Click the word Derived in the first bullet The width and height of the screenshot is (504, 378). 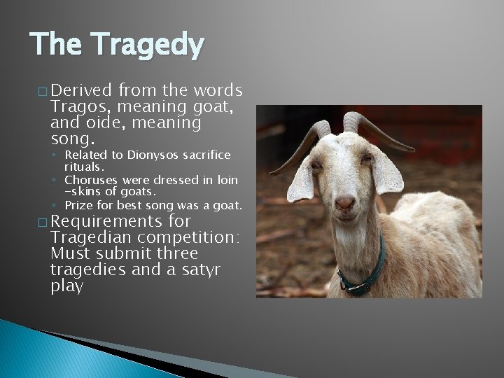pyautogui.click(x=81, y=91)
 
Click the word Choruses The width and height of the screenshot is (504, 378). pyautogui.click(x=92, y=179)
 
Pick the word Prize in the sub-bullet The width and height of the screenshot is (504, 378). pyautogui.click(x=78, y=205)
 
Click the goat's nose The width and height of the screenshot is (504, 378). pyautogui.click(x=344, y=204)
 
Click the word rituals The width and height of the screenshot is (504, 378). pyautogui.click(x=84, y=167)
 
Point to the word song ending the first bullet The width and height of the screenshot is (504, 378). pyautogui.click(x=71, y=139)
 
